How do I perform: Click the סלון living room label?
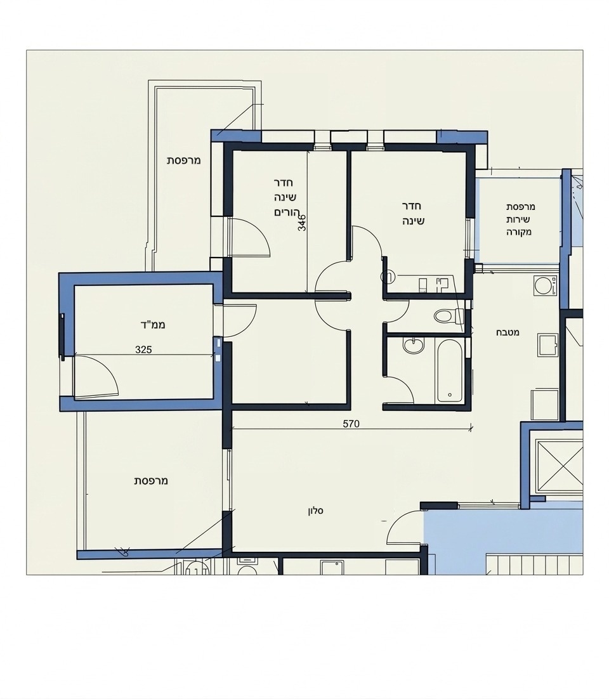[x=315, y=511]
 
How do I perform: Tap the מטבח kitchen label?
[x=507, y=332]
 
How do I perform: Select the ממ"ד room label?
[x=153, y=325]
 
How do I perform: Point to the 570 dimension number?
[x=351, y=424]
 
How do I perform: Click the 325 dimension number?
[x=143, y=349]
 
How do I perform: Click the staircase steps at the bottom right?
[x=534, y=564]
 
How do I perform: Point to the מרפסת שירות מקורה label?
[x=520, y=219]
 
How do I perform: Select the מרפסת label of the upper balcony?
[x=184, y=160]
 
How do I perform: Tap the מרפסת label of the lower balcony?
[x=151, y=481]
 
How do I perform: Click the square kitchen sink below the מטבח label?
[x=547, y=344]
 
